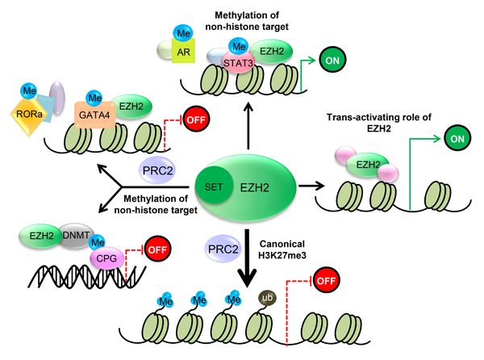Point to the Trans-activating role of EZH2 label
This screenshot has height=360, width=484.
point(398,121)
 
